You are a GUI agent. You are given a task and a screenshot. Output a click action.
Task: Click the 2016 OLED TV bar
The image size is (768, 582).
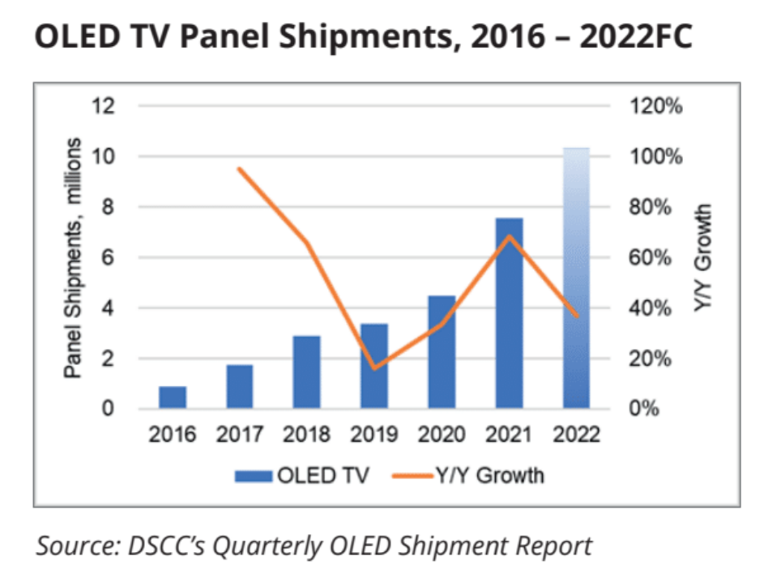173,397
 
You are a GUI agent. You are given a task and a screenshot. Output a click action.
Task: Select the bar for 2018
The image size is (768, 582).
306,372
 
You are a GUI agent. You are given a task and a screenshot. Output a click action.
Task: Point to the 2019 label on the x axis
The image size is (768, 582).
373,435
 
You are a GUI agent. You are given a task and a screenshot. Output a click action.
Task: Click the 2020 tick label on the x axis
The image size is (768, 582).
442,435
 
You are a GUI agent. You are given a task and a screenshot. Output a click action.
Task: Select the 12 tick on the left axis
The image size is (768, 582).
108,106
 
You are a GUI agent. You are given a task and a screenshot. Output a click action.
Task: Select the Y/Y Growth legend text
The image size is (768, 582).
498,475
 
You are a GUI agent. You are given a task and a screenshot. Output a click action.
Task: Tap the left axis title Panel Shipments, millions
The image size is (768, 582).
74,257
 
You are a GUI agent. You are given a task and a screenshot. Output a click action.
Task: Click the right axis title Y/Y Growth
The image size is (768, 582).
704,257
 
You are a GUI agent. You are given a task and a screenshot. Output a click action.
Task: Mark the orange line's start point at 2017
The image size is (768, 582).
240,168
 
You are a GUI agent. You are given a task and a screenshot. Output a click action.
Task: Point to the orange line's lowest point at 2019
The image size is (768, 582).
373,368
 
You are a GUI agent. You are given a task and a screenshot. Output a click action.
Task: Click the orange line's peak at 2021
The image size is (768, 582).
509,236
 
